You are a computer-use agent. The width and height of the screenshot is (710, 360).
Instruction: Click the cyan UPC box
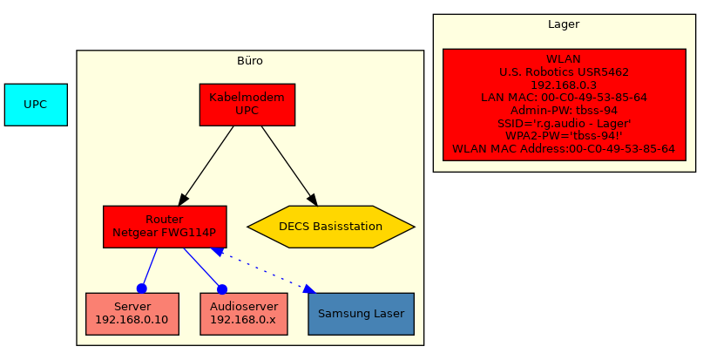(36, 105)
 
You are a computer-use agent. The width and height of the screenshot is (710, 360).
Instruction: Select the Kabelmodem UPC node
(247, 105)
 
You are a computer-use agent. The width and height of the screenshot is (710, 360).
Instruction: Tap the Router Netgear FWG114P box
(165, 227)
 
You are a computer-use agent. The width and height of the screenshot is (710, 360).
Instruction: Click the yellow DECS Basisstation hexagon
(331, 227)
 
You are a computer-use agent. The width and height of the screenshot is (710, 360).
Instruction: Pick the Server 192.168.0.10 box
(132, 314)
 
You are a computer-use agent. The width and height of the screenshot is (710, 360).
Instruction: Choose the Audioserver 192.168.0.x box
(244, 314)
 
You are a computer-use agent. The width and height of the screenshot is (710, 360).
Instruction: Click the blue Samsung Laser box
(361, 314)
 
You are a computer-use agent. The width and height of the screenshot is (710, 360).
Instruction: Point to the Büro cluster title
(250, 61)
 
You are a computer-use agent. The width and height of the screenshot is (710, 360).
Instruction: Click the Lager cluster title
(564, 24)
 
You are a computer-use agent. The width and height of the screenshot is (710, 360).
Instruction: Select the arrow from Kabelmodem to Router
(206, 166)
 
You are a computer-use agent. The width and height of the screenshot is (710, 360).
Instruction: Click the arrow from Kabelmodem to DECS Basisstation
(287, 166)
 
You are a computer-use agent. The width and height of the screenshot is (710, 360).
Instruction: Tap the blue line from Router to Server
(150, 268)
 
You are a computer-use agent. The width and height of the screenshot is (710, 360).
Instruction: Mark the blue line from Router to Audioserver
(202, 268)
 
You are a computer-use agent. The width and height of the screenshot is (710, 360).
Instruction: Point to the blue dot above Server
(141, 289)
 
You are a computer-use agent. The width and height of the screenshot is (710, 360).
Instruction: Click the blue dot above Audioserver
(222, 289)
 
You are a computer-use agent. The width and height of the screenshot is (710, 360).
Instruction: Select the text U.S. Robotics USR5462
(564, 72)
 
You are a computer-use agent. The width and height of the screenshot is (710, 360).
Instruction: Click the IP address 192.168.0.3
(564, 85)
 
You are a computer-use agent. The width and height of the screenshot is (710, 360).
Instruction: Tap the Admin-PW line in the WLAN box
(564, 111)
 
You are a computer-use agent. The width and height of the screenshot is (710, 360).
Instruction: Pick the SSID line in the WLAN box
(564, 124)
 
